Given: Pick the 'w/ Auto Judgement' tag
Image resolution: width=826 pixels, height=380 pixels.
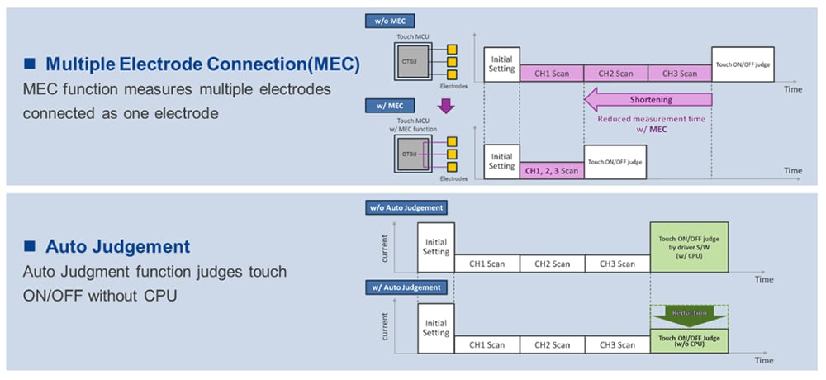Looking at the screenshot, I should click(405, 287).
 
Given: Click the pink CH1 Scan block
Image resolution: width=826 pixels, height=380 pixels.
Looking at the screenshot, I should click(551, 73).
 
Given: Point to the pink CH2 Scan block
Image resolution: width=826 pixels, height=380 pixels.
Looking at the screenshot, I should click(615, 73).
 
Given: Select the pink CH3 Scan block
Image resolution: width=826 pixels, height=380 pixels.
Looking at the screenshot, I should click(679, 73).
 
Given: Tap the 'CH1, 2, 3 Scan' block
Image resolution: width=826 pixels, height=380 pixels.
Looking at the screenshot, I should click(551, 170).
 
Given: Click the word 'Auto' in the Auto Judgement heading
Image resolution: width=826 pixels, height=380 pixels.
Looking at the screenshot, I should click(69, 246).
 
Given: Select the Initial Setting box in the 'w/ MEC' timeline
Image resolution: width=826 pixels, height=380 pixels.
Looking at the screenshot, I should click(501, 160).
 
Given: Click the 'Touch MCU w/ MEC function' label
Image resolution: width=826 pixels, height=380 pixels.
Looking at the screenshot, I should click(408, 125).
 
